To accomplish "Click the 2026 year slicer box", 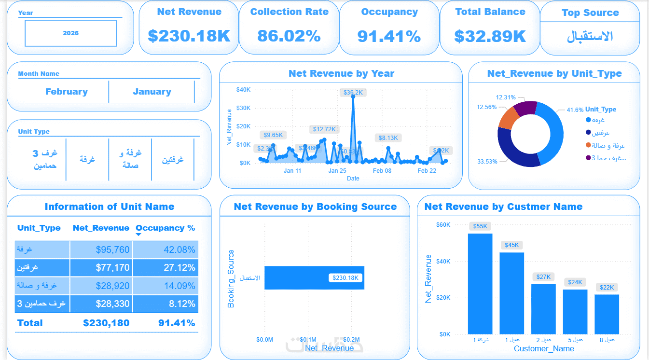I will (71, 33).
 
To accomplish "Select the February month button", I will (67, 92).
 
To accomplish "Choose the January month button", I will (152, 92).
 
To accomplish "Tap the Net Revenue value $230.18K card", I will (189, 36).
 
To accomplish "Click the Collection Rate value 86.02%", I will (289, 36).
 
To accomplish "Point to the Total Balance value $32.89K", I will (490, 36).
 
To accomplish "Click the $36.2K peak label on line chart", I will (353, 93).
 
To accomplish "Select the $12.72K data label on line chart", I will (324, 129).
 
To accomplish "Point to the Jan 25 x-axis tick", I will (337, 171).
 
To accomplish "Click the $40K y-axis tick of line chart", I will (243, 90).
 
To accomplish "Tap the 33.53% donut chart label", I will (487, 162).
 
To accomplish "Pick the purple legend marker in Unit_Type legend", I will (588, 158).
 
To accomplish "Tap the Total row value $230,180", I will (106, 323).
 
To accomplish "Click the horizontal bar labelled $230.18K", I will (314, 278).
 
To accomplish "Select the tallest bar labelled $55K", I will (480, 284).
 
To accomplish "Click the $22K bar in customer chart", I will (607, 314).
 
